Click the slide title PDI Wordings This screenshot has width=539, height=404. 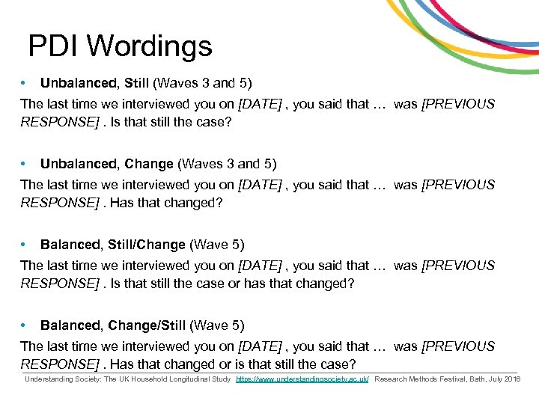(120, 46)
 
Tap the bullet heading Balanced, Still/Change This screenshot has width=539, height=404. (112, 245)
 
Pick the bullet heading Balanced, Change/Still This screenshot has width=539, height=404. (112, 325)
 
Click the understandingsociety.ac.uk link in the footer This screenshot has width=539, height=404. (302, 380)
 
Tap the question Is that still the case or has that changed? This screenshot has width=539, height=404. (232, 284)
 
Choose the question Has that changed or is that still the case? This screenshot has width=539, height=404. (232, 364)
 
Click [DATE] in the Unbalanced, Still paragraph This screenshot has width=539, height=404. (259, 104)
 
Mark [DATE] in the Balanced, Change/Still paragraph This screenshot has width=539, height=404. (259, 346)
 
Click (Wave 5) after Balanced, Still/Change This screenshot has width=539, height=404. (217, 245)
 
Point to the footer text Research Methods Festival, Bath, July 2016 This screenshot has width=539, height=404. (447, 380)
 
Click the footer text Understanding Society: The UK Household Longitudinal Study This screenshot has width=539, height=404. (127, 380)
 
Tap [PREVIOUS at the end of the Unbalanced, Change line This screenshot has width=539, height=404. (458, 185)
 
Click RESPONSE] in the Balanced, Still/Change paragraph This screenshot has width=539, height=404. (60, 284)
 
